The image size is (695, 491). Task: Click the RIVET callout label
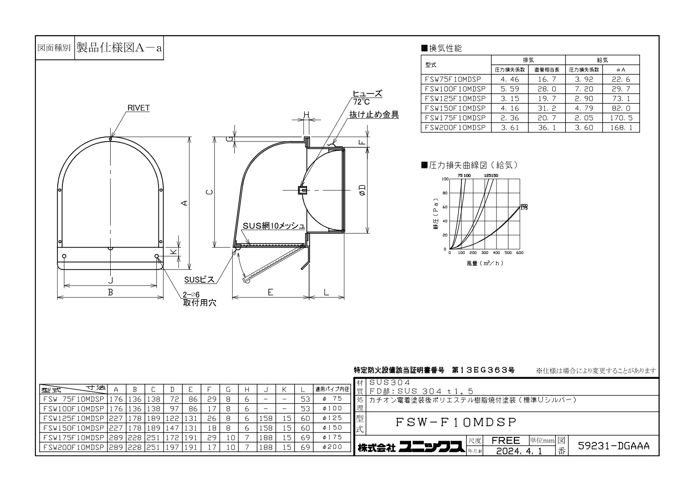tap(138, 108)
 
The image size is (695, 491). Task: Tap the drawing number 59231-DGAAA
tap(613, 446)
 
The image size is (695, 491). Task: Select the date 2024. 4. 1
tap(519, 451)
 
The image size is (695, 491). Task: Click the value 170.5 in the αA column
tap(621, 118)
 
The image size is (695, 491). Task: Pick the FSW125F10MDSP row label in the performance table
tap(455, 99)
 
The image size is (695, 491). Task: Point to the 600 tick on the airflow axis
tap(520, 253)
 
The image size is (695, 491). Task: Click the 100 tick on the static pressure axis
tap(445, 179)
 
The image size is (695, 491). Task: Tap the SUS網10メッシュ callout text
tap(274, 226)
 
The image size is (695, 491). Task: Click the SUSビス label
tap(199, 280)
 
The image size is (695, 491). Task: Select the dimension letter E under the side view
tap(271, 292)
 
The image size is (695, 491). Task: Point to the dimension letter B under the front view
tap(111, 292)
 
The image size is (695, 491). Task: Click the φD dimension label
tap(362, 190)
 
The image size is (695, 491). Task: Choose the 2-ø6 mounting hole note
tap(191, 295)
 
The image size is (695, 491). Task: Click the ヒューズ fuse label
tap(367, 94)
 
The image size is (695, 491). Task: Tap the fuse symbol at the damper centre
tap(303, 190)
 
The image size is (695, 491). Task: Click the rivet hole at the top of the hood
tap(111, 139)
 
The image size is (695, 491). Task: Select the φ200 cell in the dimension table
tap(332, 447)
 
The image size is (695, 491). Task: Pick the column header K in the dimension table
tap(284, 389)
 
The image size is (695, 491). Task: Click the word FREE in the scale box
tap(506, 440)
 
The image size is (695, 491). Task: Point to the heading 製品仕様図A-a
tap(119, 48)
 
